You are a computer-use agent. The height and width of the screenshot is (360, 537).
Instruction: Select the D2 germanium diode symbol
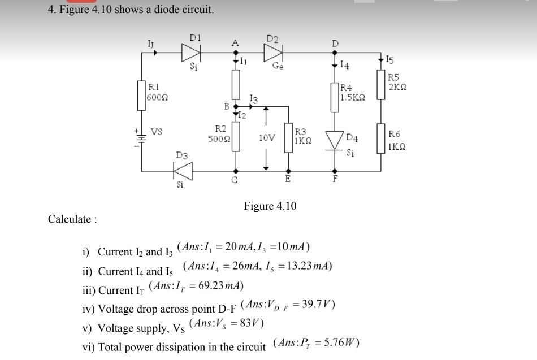(273, 53)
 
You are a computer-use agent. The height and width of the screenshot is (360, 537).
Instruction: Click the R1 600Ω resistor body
(141, 95)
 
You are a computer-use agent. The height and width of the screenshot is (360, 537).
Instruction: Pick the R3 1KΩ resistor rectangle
(289, 137)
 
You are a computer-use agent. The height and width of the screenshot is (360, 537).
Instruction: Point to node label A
(235, 42)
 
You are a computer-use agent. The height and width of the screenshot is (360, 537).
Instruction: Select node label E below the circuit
(288, 179)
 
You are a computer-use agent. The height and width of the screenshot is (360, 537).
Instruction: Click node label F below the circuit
(335, 179)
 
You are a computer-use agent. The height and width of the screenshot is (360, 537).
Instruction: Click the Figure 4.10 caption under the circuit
(270, 206)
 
